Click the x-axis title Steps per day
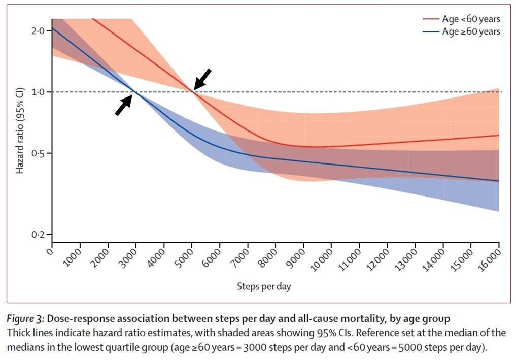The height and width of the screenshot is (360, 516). (264, 287)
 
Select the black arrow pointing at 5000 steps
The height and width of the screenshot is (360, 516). (202, 79)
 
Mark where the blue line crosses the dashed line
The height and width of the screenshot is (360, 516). (135, 92)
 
